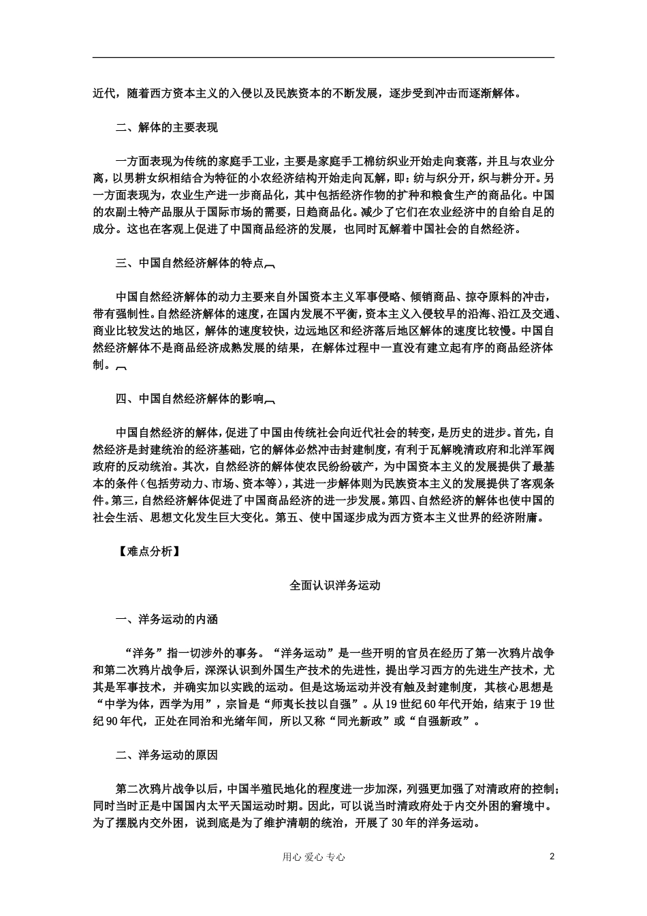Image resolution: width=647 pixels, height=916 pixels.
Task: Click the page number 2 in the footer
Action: pyautogui.click(x=552, y=857)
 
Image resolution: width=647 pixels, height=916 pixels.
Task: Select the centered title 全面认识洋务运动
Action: pyautogui.click(x=334, y=585)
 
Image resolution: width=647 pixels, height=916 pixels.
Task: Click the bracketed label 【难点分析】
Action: pyautogui.click(x=148, y=552)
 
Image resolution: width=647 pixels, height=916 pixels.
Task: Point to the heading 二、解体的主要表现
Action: pyautogui.click(x=167, y=127)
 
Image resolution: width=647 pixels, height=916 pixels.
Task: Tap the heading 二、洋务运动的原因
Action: pyautogui.click(x=167, y=755)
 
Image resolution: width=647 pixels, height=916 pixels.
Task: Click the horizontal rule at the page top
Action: pyautogui.click(x=323, y=58)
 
